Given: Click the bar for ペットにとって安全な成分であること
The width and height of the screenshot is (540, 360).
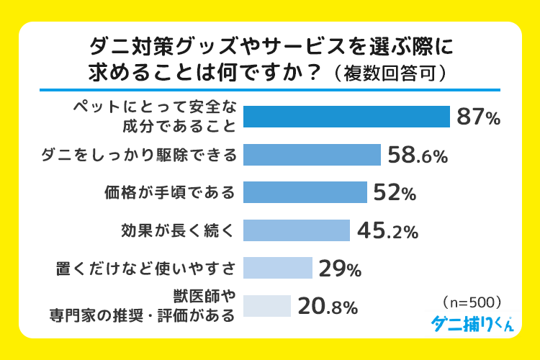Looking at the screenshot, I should pos(346,117).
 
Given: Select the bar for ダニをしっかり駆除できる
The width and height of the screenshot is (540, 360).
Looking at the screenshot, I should pos(312,154).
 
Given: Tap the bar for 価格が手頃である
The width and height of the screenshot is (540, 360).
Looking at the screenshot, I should pos(305,192).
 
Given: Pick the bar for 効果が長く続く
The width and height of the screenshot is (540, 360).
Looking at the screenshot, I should pos(297,230).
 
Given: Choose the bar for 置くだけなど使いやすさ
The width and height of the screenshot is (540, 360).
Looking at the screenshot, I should pos(277,268).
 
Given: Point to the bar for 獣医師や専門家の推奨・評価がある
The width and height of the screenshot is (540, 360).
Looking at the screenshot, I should pos(266,306).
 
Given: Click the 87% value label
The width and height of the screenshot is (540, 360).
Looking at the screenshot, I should pos(477,117).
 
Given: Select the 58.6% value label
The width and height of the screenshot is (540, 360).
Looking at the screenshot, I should pos(418,155).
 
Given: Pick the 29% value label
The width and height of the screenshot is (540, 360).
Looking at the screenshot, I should pos(339,269).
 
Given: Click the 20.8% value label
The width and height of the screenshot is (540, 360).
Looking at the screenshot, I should pos(328,307).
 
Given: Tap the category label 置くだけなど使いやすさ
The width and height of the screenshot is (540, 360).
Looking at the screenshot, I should pos(146,269).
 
